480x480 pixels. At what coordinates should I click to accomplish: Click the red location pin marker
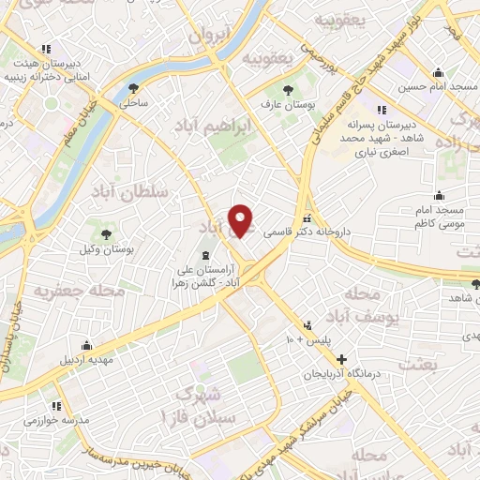tap(242, 221)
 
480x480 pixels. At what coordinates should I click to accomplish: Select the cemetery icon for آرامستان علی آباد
tap(206, 257)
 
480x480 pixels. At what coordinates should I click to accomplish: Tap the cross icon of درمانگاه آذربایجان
tap(341, 358)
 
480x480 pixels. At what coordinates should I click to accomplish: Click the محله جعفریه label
tap(80, 292)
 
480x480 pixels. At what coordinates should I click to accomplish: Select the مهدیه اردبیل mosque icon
tap(86, 344)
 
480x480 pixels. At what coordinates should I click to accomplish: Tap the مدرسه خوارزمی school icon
tap(55, 406)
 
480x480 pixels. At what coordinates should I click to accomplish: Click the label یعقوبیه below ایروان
tap(268, 58)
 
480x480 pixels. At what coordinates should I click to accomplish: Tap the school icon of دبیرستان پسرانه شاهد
tap(381, 109)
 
